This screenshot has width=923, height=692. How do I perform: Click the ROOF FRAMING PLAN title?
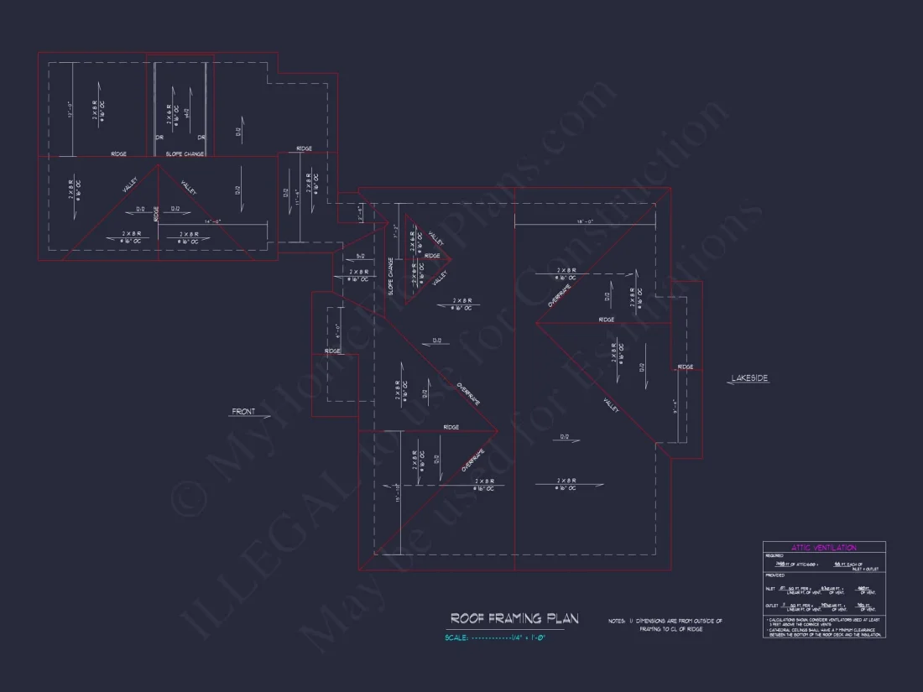(x=514, y=619)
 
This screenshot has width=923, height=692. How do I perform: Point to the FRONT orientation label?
(x=243, y=412)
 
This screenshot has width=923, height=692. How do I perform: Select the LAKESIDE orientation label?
(x=748, y=379)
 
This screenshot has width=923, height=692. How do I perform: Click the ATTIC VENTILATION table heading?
(x=823, y=548)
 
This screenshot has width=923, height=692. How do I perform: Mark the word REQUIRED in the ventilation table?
(x=774, y=556)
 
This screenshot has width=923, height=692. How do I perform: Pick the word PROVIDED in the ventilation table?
(x=774, y=575)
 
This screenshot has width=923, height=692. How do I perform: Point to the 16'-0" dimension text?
(x=585, y=221)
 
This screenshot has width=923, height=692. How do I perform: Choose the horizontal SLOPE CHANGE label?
(x=184, y=154)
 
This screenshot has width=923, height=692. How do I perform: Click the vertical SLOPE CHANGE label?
(x=391, y=275)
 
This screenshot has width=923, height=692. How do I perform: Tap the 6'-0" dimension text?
(x=337, y=330)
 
